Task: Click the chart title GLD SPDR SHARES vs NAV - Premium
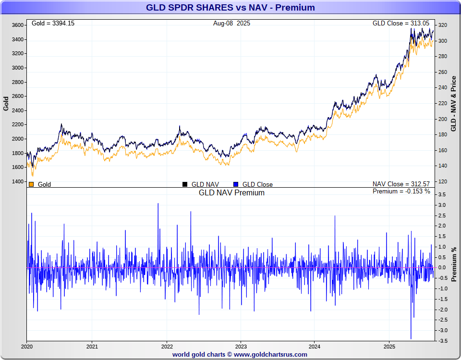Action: pyautogui.click(x=230, y=8)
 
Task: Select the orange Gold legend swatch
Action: pyautogui.click(x=31, y=184)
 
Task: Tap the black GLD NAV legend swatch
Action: pyautogui.click(x=185, y=184)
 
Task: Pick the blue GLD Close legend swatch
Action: pyautogui.click(x=236, y=184)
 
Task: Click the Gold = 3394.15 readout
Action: pyautogui.click(x=53, y=23)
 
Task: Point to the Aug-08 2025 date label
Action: pyautogui.click(x=231, y=23)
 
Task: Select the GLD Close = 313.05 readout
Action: pyautogui.click(x=403, y=23)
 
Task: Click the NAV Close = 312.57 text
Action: pyautogui.click(x=401, y=184)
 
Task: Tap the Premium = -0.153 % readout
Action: pyautogui.click(x=401, y=192)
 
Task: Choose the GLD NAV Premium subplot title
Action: pyautogui.click(x=231, y=192)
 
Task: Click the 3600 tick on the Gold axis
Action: pyautogui.click(x=17, y=25)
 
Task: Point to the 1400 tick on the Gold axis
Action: pyautogui.click(x=17, y=181)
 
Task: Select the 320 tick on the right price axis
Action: pyautogui.click(x=443, y=25)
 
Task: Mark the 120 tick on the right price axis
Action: pyautogui.click(x=443, y=181)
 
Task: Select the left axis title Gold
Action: pyautogui.click(x=6, y=104)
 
